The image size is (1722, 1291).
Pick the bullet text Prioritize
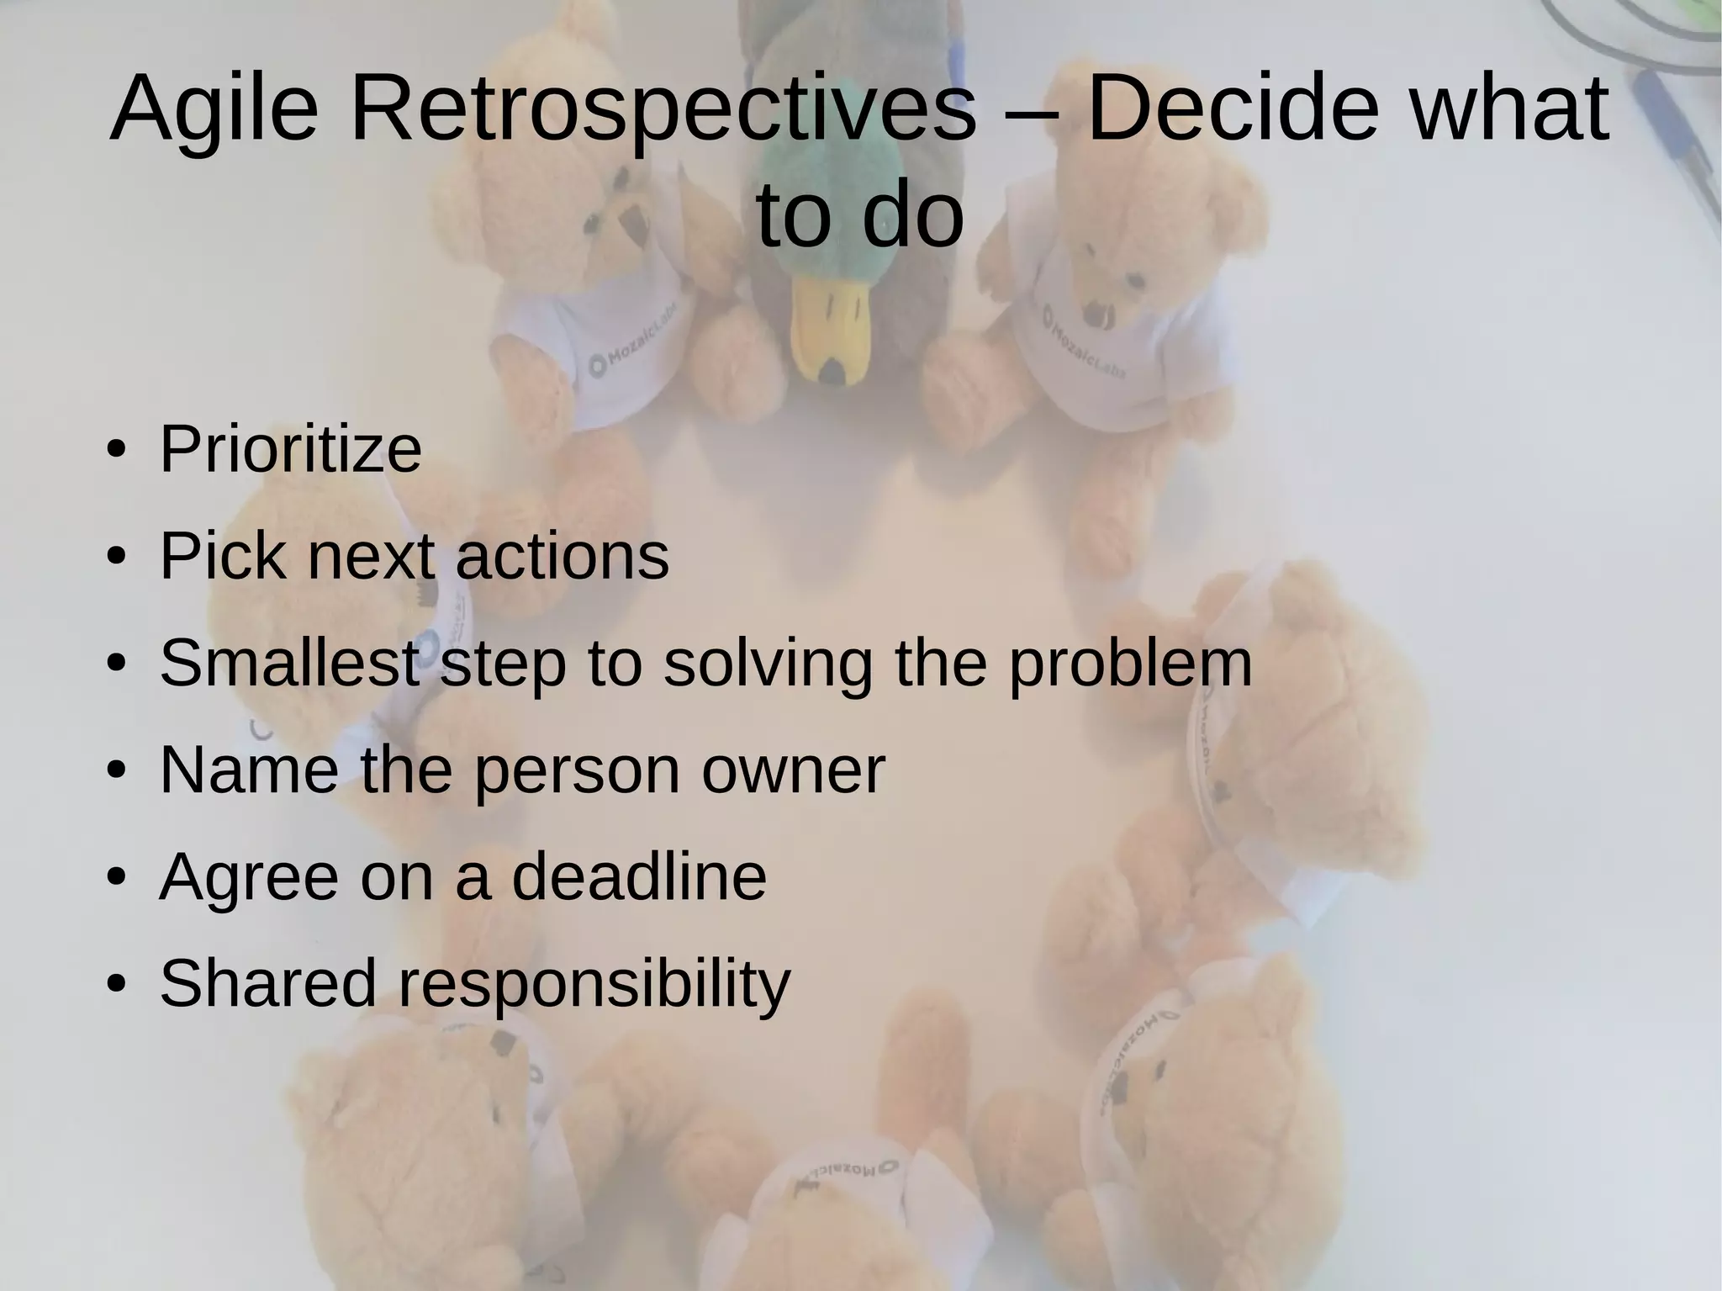tap(290, 450)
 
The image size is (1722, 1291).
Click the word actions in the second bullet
tap(563, 557)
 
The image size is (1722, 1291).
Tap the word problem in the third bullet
tap(1130, 664)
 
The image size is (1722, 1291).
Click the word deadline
tap(639, 876)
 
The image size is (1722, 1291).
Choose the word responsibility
tap(594, 983)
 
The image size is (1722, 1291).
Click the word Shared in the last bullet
tap(267, 983)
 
